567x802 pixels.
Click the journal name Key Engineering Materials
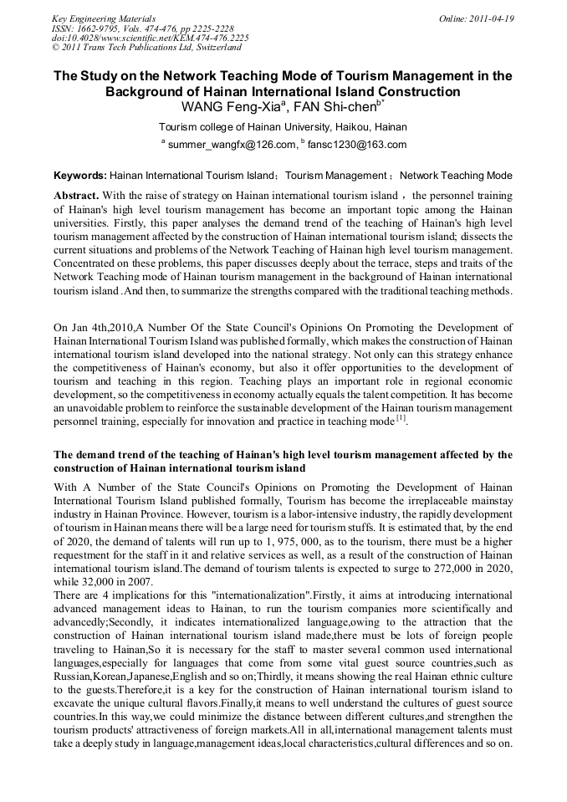[104, 18]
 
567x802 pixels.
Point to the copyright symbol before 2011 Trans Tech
[56, 48]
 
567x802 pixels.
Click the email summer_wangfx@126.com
[232, 145]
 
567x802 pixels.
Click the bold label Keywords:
[80, 176]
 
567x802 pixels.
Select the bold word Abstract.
[76, 194]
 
